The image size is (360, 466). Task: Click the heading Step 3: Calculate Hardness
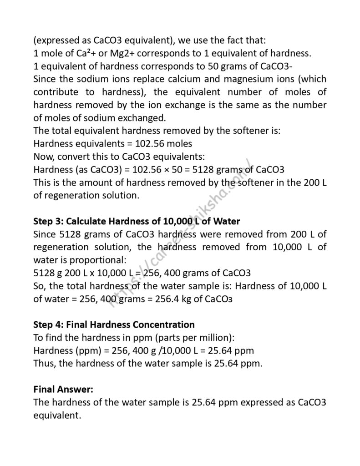(137, 222)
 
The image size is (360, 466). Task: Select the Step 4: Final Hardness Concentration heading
(114, 324)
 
